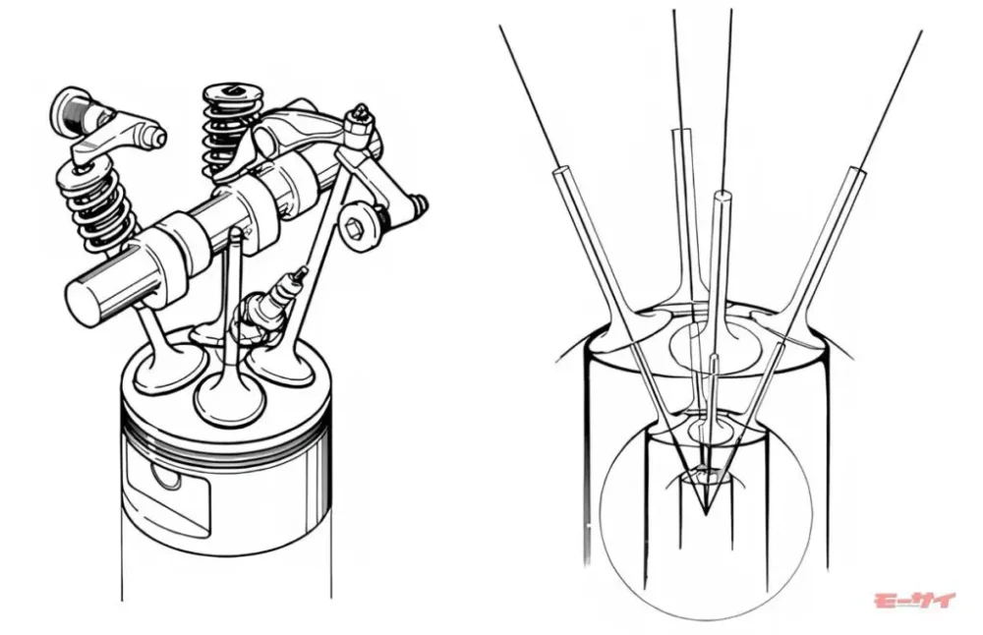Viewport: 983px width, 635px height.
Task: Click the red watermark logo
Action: [914, 601]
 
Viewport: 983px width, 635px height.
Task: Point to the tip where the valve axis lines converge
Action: [705, 515]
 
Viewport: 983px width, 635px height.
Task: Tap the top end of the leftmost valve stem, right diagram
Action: [560, 171]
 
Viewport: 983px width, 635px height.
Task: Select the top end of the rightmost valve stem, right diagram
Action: [856, 172]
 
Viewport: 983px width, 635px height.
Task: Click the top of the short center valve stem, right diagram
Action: [713, 359]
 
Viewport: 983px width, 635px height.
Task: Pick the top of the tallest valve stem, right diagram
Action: [681, 132]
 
